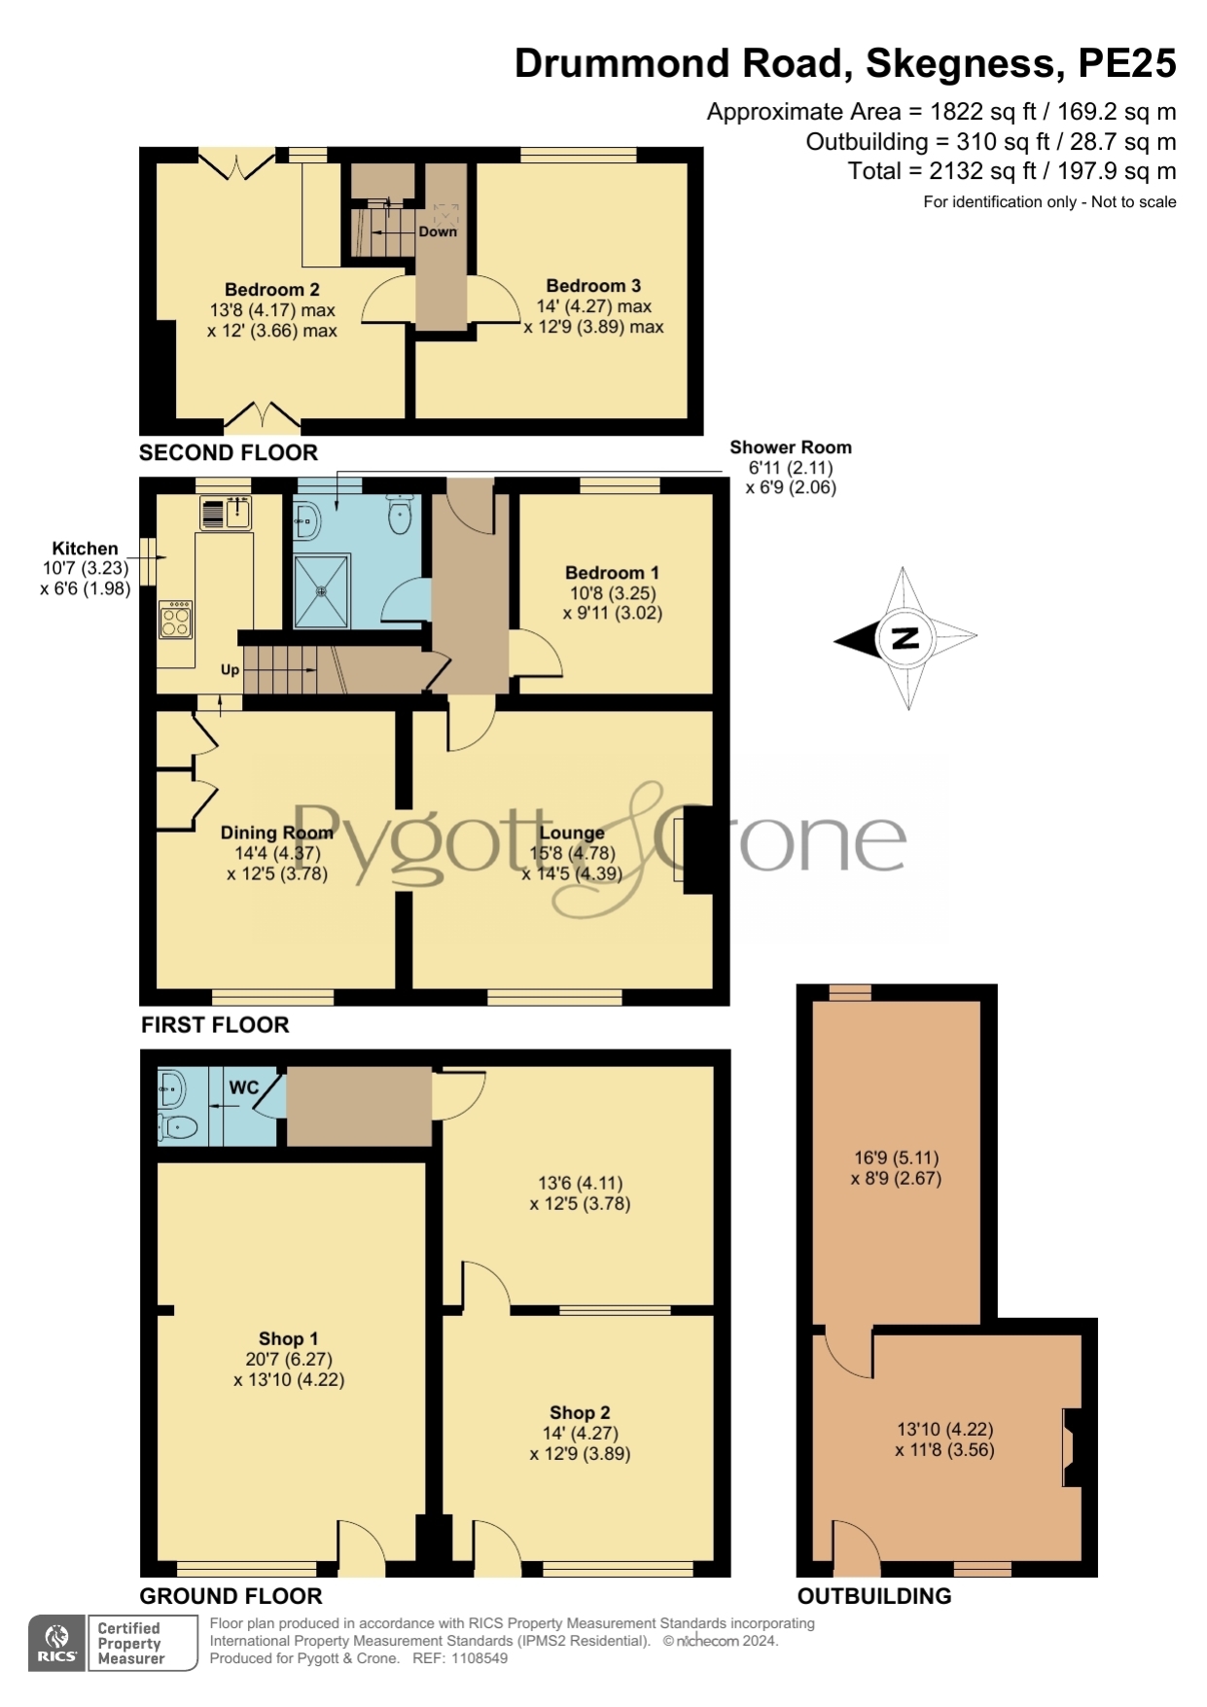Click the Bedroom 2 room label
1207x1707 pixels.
pos(271,290)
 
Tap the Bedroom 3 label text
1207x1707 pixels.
pos(593,286)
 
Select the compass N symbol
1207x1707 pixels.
pos(905,638)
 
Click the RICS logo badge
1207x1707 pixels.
pos(57,1643)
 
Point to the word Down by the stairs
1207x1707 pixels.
pos(438,231)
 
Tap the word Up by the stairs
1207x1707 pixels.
pos(230,669)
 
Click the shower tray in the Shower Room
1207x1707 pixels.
pos(321,591)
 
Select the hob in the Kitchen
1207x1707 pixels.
pos(176,621)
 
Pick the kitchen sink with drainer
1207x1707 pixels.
pos(226,513)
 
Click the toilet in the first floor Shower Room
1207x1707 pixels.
pos(400,515)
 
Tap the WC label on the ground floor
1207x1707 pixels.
pos(244,1086)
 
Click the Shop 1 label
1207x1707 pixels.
pos(288,1339)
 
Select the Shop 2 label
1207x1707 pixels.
pos(580,1412)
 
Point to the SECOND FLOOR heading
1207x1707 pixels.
pos(229,452)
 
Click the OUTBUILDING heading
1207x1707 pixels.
pos(874,1596)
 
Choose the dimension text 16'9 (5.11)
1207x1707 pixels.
pos(897,1157)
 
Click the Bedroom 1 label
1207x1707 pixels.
pos(613,573)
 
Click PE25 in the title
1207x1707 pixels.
pos(1127,63)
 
